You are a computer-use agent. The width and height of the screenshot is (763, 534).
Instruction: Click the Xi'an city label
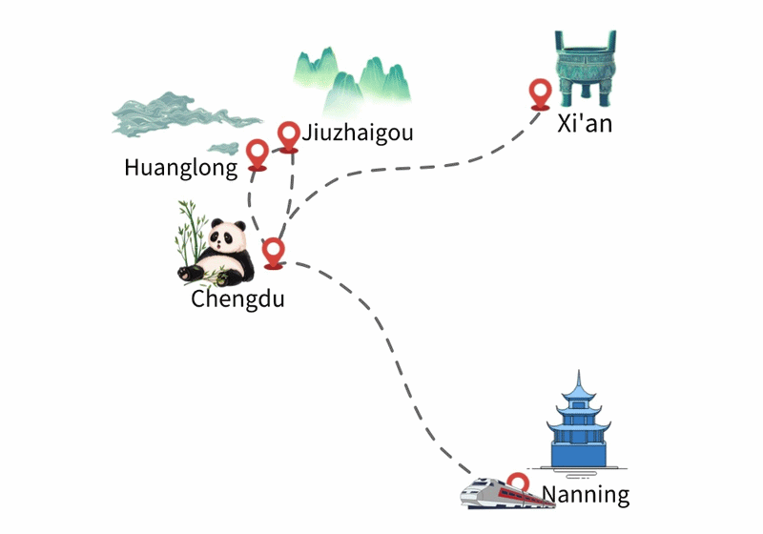click(x=585, y=124)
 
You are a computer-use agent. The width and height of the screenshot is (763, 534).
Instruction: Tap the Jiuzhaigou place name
click(x=358, y=133)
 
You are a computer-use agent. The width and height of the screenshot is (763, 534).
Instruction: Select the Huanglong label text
click(x=181, y=168)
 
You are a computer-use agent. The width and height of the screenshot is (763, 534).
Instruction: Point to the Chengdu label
click(x=237, y=298)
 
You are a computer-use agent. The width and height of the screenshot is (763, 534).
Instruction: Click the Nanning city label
click(x=586, y=495)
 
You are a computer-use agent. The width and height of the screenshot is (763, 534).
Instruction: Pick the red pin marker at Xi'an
click(x=540, y=94)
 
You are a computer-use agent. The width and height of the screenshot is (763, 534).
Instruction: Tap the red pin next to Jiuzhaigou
click(x=289, y=136)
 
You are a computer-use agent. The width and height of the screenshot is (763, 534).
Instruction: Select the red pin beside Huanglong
click(x=257, y=154)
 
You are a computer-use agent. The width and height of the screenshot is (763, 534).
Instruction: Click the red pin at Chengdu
click(x=273, y=254)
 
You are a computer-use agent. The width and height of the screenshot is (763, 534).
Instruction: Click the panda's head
click(x=227, y=236)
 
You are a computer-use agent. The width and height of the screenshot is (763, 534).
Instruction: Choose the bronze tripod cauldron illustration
click(x=586, y=69)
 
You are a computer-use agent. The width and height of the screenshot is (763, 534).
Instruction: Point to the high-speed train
click(x=507, y=494)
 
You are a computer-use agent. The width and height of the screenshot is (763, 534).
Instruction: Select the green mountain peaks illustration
click(x=352, y=80)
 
